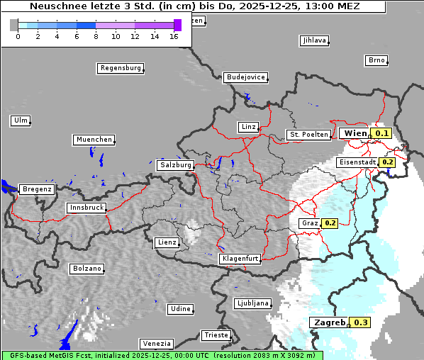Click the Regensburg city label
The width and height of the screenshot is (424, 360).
pos(120,68)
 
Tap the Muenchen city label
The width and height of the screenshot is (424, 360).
pos(94,140)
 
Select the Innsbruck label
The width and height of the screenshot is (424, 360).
pos(86,208)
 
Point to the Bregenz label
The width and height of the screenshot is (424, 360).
pos(37,189)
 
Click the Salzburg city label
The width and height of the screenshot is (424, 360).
pos(175,165)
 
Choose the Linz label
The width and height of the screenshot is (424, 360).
pos(248,127)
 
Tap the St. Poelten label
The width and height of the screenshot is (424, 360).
pos(308,134)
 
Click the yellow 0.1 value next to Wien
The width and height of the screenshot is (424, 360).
pos(382,133)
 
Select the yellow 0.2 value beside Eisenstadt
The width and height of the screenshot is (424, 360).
pos(387,162)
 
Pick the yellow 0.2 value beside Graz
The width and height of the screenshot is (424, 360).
pos(330,223)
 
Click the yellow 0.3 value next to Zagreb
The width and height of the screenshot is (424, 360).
pos(361,322)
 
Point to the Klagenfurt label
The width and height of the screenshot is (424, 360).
pos(240,259)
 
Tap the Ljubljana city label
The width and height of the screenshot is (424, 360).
pos(252,303)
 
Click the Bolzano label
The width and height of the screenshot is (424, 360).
pos(87,269)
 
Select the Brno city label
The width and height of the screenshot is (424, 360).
pos(376,60)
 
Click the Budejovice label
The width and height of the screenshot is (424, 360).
pos(245,77)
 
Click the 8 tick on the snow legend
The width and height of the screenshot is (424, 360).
pos(96,36)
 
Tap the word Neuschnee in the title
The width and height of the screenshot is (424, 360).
pos(58,6)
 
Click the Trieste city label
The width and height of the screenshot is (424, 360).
pos(216,335)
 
